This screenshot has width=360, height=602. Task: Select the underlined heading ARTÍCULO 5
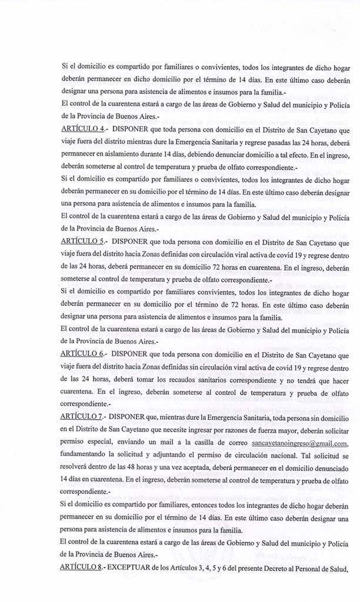82,241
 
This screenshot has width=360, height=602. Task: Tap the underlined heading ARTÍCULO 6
82,354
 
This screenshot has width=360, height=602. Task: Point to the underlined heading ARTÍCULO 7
82,417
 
